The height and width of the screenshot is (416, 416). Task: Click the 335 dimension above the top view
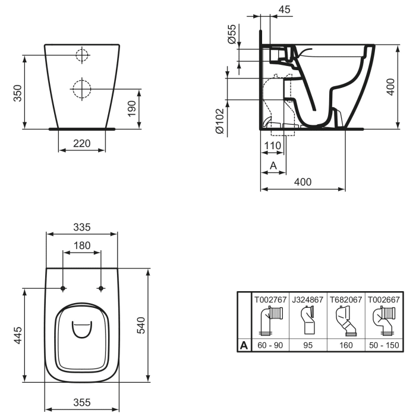pos(81,226)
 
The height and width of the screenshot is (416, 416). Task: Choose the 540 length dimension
pos(141,326)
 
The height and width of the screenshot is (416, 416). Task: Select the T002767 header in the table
pos(270,299)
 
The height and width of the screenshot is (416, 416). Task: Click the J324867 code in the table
pos(308,299)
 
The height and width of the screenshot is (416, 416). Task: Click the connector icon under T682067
pos(346,322)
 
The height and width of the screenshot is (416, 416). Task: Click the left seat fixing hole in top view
pos(63,288)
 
